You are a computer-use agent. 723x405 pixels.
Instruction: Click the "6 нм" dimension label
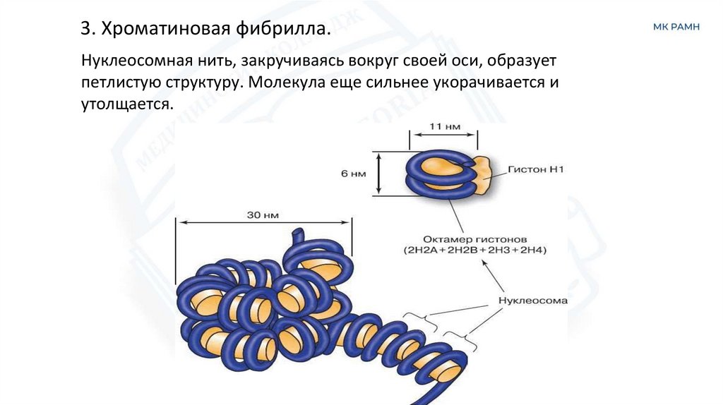(x=353, y=174)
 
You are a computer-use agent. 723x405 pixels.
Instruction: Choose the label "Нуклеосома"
(x=532, y=300)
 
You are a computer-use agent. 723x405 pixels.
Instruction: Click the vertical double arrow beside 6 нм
(x=379, y=173)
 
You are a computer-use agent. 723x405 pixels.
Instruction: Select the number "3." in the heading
(x=87, y=30)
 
